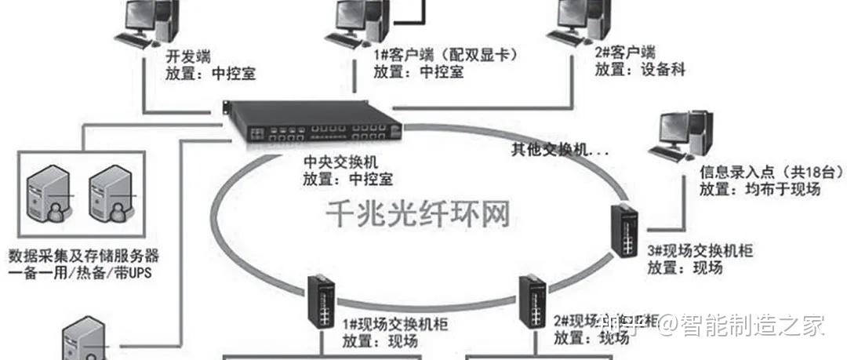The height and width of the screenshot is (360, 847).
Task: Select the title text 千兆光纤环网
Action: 418,212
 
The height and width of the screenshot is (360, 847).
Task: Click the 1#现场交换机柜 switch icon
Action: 322,300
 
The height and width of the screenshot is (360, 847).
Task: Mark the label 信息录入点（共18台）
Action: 760,173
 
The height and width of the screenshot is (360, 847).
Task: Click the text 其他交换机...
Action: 557,149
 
